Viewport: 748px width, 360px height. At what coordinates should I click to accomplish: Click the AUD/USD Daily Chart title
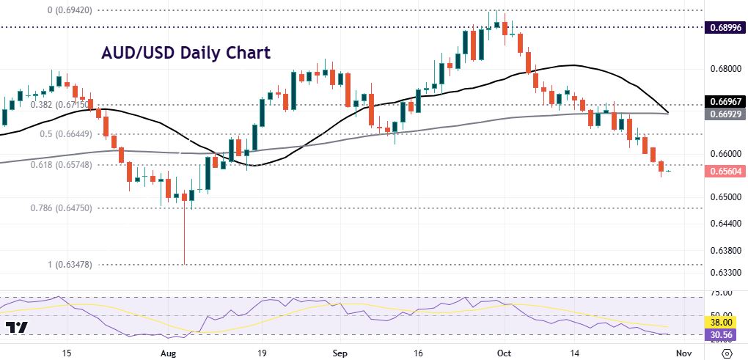click(185, 53)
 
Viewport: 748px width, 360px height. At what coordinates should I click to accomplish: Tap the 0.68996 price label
click(725, 27)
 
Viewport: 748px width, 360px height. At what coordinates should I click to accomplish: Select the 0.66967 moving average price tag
click(725, 100)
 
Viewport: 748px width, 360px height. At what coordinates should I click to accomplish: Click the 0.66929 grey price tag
click(725, 114)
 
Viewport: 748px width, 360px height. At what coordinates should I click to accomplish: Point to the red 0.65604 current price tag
click(725, 172)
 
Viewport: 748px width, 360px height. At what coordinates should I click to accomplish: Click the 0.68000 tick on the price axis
click(725, 69)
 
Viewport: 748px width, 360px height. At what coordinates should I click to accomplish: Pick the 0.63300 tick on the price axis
click(725, 273)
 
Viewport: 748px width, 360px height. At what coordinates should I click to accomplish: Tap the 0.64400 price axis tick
click(725, 222)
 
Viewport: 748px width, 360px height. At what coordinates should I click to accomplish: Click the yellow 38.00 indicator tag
click(725, 320)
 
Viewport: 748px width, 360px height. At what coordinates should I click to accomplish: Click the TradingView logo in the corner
click(15, 328)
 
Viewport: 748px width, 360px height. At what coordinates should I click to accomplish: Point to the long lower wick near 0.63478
click(184, 235)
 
